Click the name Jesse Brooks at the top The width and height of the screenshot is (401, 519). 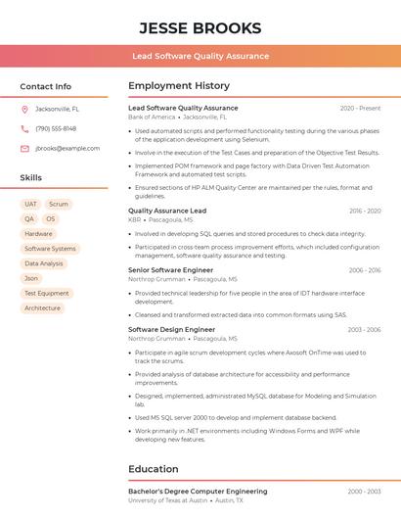[200, 27]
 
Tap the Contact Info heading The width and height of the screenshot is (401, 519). [45, 86]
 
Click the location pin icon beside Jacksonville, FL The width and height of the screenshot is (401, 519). [24, 109]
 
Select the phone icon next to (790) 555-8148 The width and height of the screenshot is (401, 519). [24, 128]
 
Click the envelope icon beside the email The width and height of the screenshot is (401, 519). [24, 149]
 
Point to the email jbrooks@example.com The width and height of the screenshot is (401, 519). [67, 149]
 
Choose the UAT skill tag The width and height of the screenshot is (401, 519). [30, 205]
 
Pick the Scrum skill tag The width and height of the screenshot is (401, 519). [59, 205]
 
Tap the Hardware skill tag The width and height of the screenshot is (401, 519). [38, 234]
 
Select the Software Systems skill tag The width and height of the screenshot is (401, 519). [50, 249]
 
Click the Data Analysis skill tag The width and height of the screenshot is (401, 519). [44, 263]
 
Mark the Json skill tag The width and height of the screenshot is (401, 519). [31, 278]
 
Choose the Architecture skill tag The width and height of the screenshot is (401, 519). [42, 307]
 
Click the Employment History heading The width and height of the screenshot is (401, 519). [179, 86]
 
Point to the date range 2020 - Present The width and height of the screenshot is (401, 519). [360, 109]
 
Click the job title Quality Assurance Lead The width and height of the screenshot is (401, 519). [167, 211]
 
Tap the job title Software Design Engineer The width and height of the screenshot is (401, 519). [171, 330]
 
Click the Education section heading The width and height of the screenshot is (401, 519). [154, 469]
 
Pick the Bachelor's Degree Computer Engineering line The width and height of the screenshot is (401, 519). [198, 492]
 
